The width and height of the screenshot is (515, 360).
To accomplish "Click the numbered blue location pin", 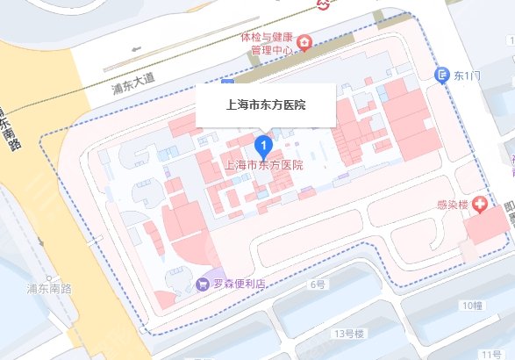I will (x=262, y=143).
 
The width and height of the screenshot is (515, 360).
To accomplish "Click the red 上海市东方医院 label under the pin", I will (x=264, y=165).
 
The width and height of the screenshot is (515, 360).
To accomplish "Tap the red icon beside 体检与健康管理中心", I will (x=304, y=42).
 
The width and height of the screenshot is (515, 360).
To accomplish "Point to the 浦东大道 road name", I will (x=132, y=83).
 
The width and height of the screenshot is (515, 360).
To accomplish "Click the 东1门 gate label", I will (x=468, y=76).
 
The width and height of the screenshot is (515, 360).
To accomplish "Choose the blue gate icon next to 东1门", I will (x=444, y=76).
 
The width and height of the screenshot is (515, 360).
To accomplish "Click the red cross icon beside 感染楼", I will (x=480, y=205).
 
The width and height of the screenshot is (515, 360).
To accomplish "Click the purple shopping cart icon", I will (x=204, y=285).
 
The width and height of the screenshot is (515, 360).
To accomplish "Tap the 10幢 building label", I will (x=469, y=305).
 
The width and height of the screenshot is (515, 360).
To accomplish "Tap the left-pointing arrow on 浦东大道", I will (x=134, y=49).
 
